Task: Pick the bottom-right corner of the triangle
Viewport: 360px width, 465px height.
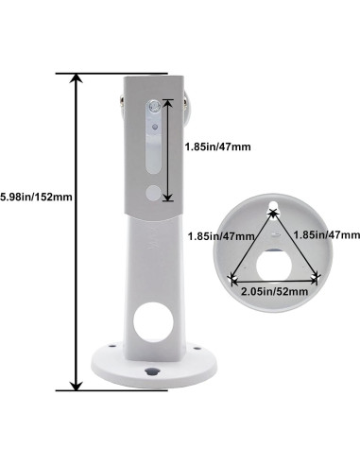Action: [318, 277]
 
